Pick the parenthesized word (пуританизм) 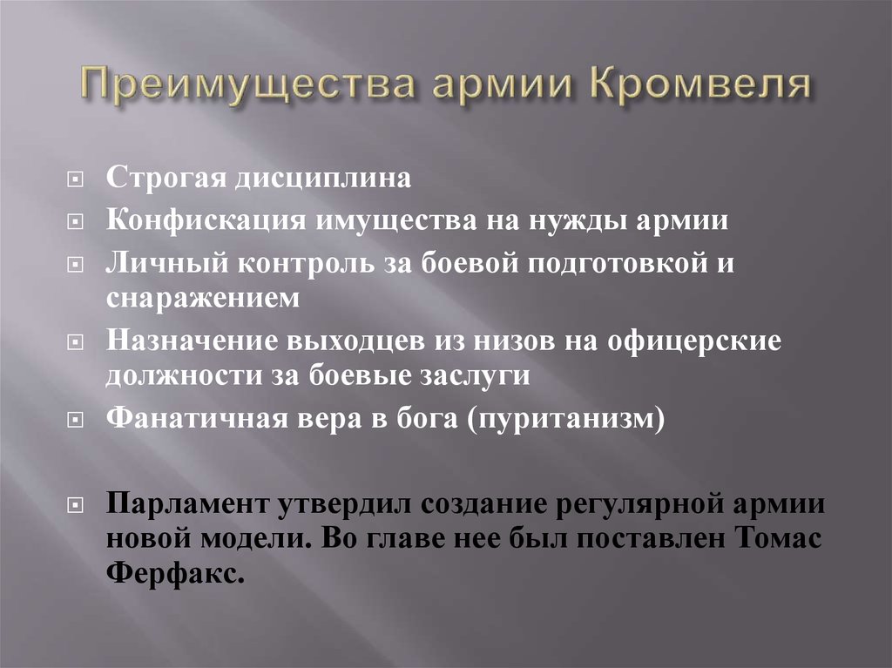click(565, 419)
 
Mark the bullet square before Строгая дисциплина click(76, 180)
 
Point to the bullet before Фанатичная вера click(76, 420)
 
